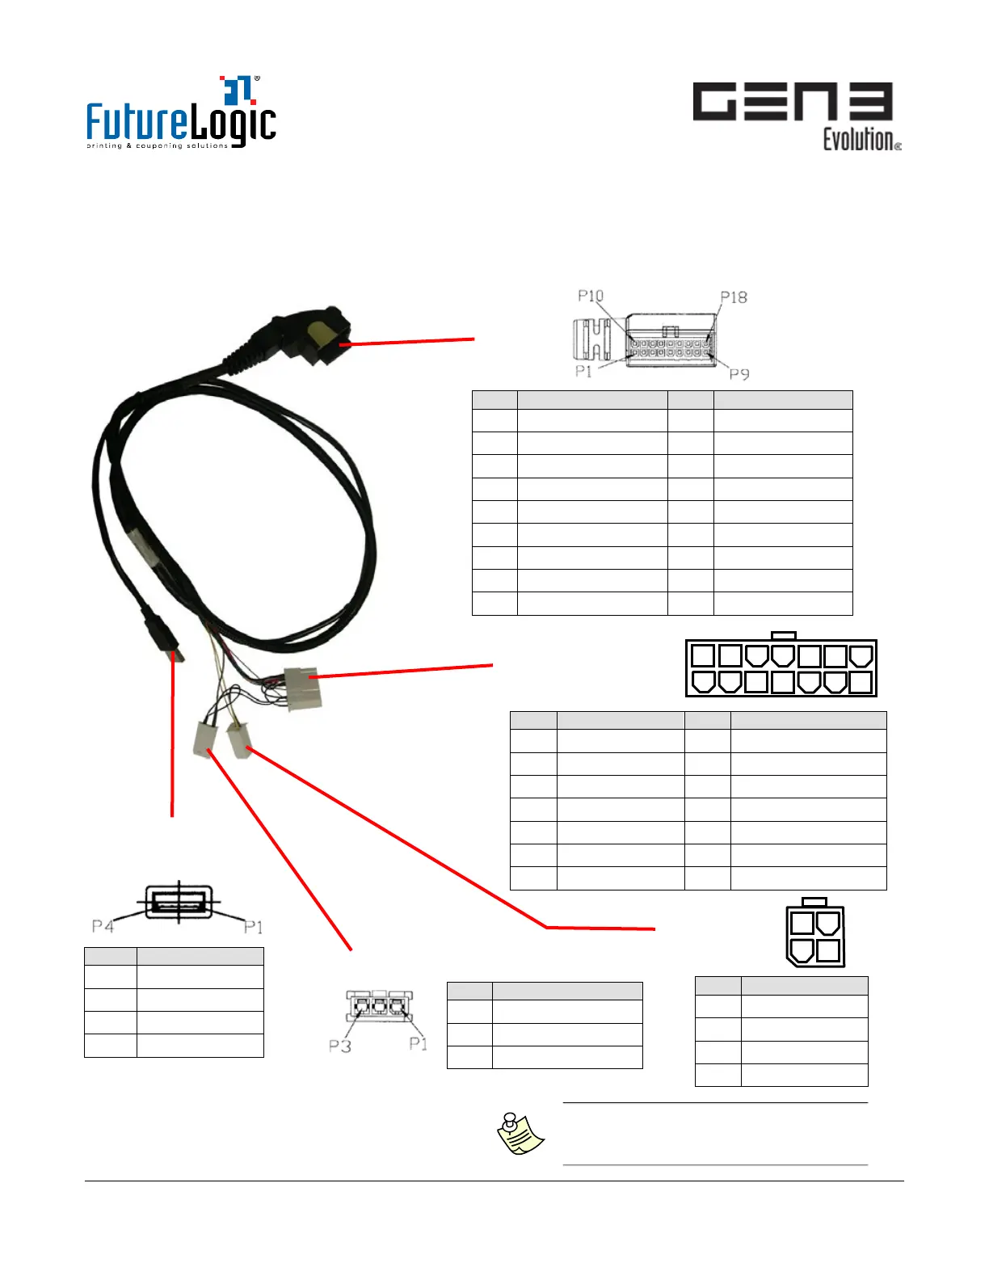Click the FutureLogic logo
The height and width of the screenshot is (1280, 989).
tap(181, 113)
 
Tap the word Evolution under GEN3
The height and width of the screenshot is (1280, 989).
tap(859, 140)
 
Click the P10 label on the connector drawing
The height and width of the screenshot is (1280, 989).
tap(591, 296)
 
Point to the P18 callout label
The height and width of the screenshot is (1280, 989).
tap(734, 297)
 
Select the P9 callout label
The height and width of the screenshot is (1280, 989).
tap(739, 373)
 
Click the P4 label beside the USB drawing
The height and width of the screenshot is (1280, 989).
tap(103, 925)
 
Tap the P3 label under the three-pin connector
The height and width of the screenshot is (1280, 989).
tap(339, 1046)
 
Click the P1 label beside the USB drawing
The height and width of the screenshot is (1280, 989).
tap(253, 926)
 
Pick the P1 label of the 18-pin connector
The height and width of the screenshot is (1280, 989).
tap(583, 371)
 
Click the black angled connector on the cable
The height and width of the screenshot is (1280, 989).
tap(318, 335)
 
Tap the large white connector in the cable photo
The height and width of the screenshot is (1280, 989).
tap(301, 688)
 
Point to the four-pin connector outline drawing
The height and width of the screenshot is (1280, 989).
tap(815, 933)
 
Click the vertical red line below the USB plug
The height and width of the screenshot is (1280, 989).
tap(172, 735)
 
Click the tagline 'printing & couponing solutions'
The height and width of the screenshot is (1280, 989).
tap(158, 146)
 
